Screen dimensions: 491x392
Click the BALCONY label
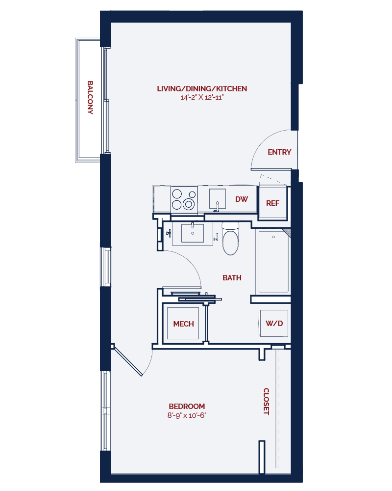[90, 98]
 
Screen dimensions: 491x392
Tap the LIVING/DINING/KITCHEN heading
[202, 89]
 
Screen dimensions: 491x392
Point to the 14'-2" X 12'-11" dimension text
[202, 98]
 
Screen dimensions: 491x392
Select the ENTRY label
[279, 152]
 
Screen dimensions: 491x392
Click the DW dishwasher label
[242, 199]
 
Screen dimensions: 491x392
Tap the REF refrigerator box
[272, 202]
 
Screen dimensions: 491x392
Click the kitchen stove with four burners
[184, 199]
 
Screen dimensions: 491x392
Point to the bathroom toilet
[230, 240]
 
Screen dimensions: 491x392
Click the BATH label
[232, 278]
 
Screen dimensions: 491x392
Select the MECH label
[184, 324]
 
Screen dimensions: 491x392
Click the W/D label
[274, 324]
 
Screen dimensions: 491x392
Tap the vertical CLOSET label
[266, 402]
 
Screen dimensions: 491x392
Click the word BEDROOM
[187, 407]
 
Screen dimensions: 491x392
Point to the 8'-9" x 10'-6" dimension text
[187, 415]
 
